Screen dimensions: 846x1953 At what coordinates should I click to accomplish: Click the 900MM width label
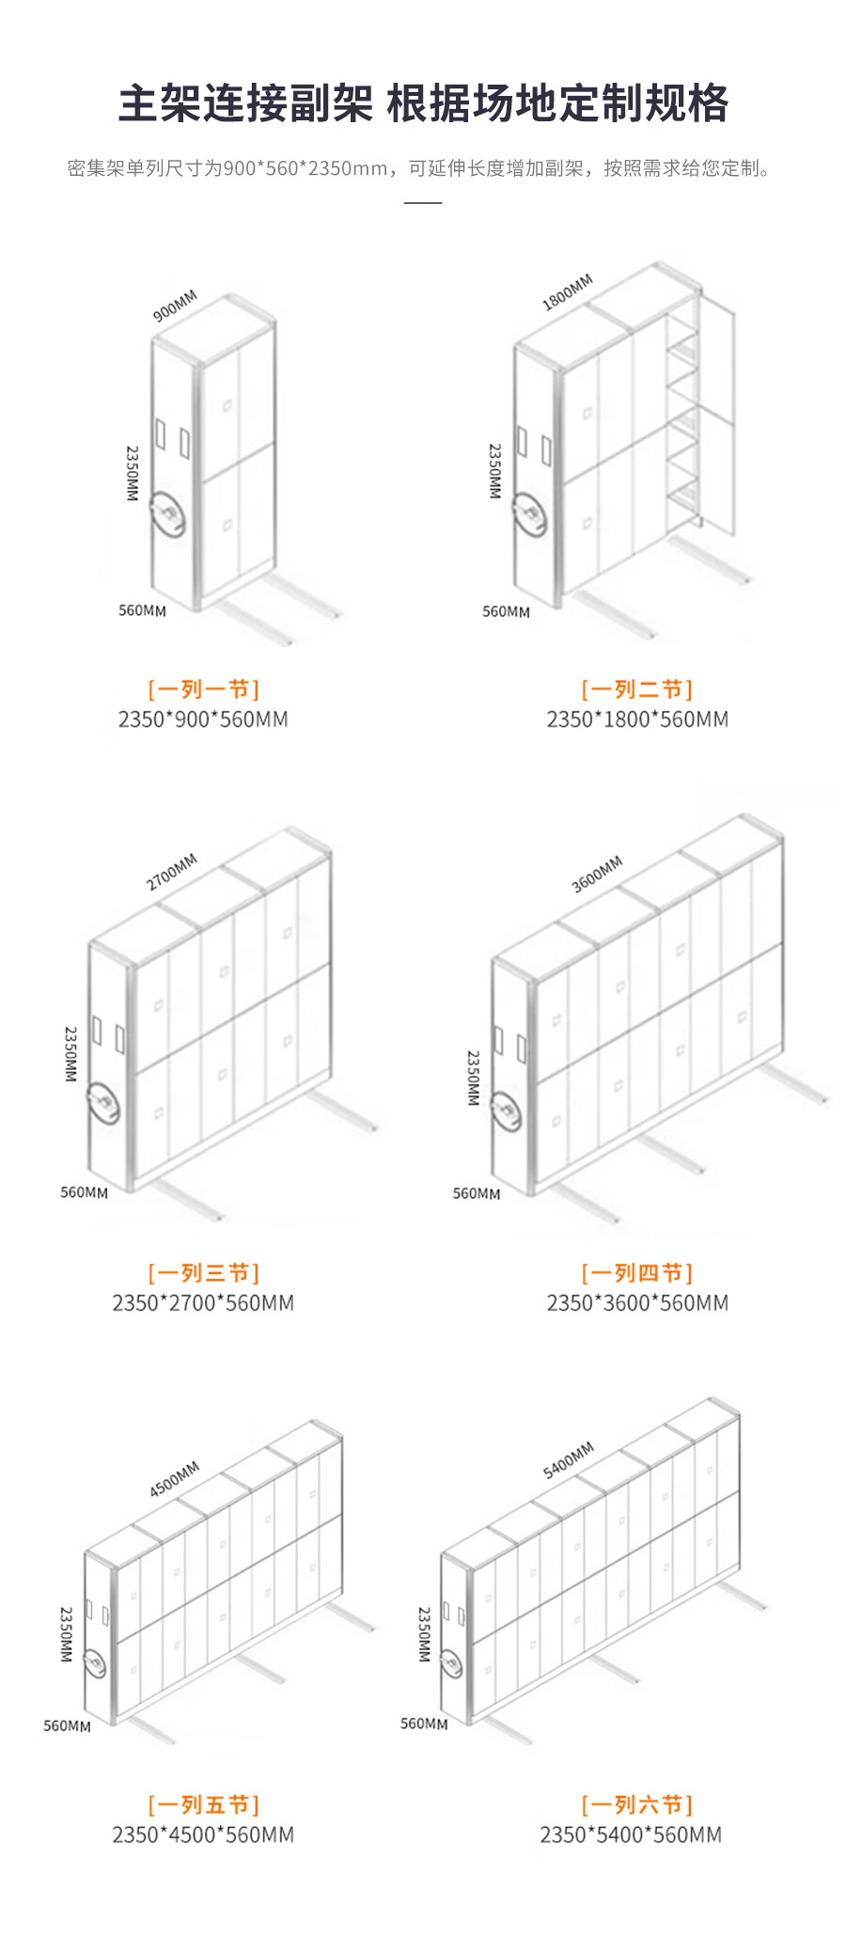175,306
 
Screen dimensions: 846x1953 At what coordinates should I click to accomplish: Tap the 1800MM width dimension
568,291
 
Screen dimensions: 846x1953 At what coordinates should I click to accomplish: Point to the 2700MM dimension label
172,872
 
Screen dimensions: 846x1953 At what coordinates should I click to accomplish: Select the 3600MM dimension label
597,874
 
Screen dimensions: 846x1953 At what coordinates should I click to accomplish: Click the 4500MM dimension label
175,1478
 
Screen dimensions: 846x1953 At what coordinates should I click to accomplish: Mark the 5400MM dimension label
569,1459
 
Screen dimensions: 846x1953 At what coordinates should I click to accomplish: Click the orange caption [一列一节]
203,689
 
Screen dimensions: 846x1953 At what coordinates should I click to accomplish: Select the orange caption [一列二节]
637,689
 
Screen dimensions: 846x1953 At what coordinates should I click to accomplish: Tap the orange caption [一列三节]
203,1273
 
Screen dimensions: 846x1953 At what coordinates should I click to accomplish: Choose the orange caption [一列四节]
637,1273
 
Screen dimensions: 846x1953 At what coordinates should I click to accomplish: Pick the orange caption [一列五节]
203,1804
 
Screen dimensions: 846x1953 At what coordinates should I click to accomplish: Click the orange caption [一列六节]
637,1804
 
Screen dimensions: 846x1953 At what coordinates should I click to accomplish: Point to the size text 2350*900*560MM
203,719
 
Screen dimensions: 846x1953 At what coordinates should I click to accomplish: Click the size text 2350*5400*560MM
631,1835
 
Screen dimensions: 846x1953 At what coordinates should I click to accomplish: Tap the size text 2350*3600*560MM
637,1303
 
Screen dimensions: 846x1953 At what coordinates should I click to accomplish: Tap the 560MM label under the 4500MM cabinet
67,1725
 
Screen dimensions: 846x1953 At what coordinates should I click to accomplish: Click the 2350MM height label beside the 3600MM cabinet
474,1078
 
